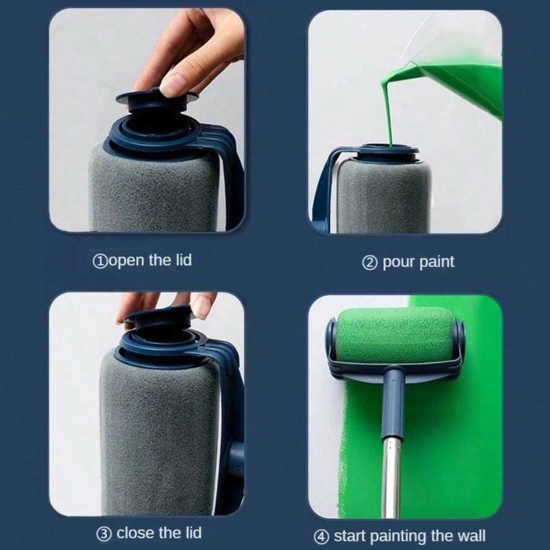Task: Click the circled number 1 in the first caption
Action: pyautogui.click(x=99, y=261)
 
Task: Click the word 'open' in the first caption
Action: pyautogui.click(x=126, y=261)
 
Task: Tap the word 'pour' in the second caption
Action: pyautogui.click(x=397, y=262)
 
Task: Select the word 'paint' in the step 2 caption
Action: pyautogui.click(x=436, y=262)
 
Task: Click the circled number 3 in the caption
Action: pyautogui.click(x=104, y=533)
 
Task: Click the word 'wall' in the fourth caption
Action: pyautogui.click(x=469, y=536)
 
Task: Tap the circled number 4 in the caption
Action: pyautogui.click(x=321, y=537)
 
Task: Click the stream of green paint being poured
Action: pyautogui.click(x=386, y=110)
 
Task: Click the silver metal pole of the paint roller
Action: pyautogui.click(x=391, y=477)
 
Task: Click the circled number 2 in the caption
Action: pyautogui.click(x=370, y=263)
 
